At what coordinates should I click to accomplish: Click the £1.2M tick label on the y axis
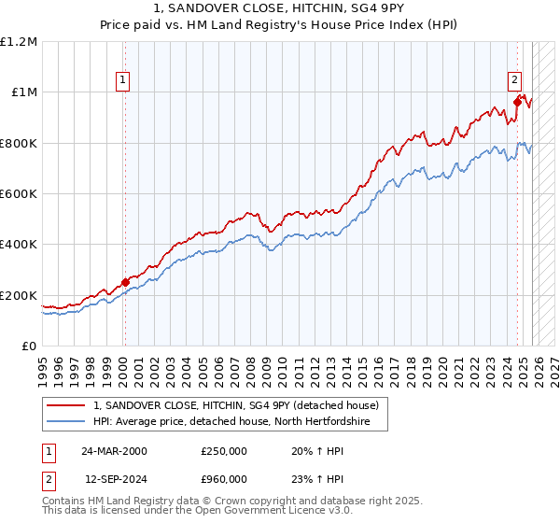coord(19,42)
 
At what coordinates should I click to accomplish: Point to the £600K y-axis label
coord(19,194)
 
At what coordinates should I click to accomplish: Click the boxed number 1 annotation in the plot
coord(124,81)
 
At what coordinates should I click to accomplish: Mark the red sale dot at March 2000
coord(125,283)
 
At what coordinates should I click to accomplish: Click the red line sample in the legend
coord(66,406)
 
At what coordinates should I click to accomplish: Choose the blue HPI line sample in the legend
coord(66,422)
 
